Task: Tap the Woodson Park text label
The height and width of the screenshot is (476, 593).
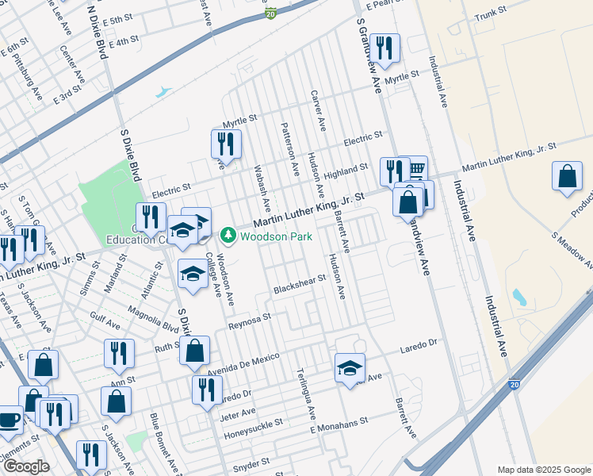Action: click(276, 236)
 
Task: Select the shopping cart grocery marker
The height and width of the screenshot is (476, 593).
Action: click(415, 168)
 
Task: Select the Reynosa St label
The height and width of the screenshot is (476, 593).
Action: click(250, 319)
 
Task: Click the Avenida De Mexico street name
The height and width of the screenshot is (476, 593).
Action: click(243, 358)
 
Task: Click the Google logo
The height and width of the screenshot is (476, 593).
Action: click(27, 466)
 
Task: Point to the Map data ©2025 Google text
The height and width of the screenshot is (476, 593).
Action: click(543, 470)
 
